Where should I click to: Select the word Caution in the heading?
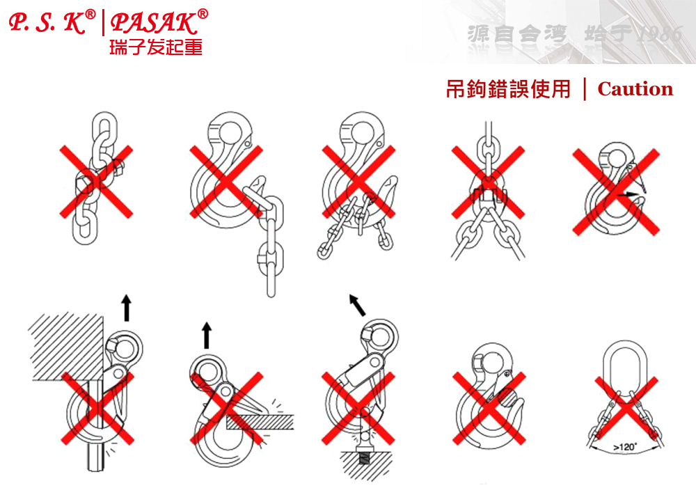635,89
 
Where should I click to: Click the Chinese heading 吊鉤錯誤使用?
508,89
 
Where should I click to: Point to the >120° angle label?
624,447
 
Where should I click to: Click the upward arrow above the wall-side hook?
126,307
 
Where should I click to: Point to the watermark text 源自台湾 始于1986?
574,34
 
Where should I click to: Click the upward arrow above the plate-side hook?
206,335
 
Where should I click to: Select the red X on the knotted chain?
96,181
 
